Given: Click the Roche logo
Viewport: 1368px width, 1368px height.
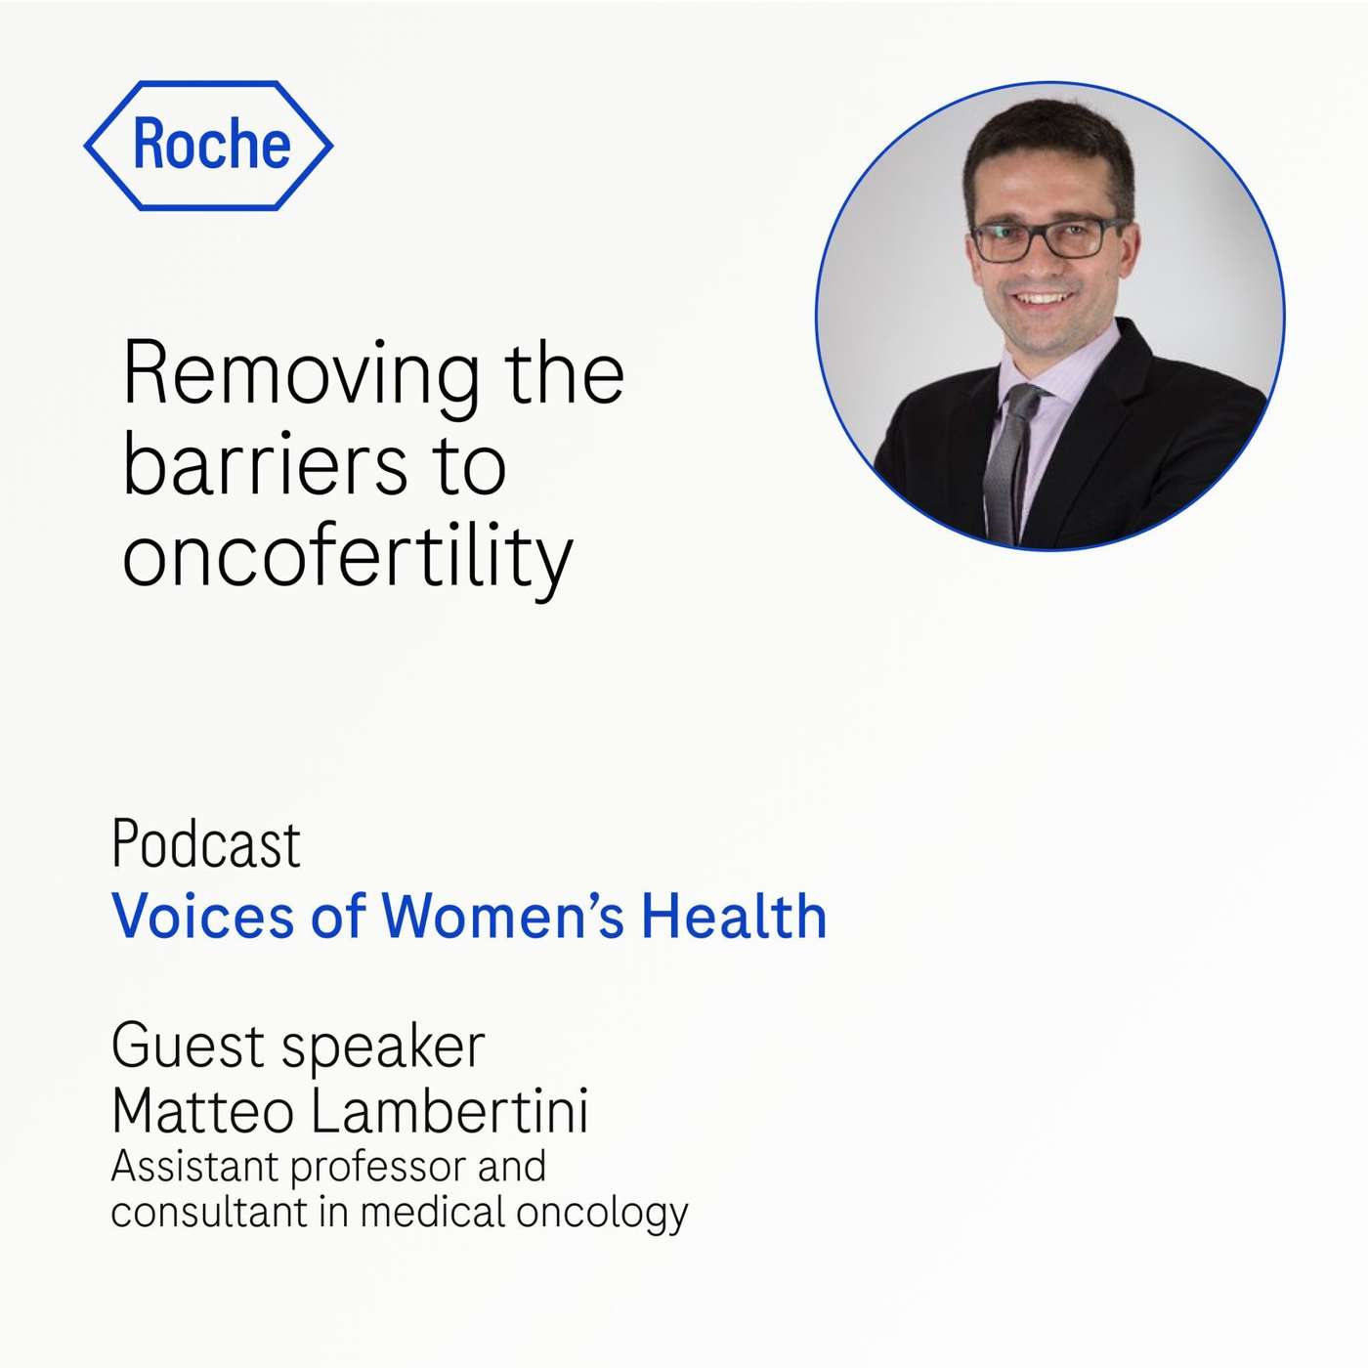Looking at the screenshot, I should tap(209, 146).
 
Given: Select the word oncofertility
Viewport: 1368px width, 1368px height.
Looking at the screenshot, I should tap(347, 557).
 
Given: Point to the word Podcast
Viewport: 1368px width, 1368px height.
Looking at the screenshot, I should tap(206, 844).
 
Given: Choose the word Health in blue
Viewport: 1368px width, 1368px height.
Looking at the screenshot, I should tap(734, 917).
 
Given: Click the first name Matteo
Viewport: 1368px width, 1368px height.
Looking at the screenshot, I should tap(202, 1111).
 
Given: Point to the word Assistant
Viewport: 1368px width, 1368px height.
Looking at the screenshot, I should tap(195, 1166).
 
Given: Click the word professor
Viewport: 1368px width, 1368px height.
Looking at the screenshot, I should tap(377, 1168).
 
